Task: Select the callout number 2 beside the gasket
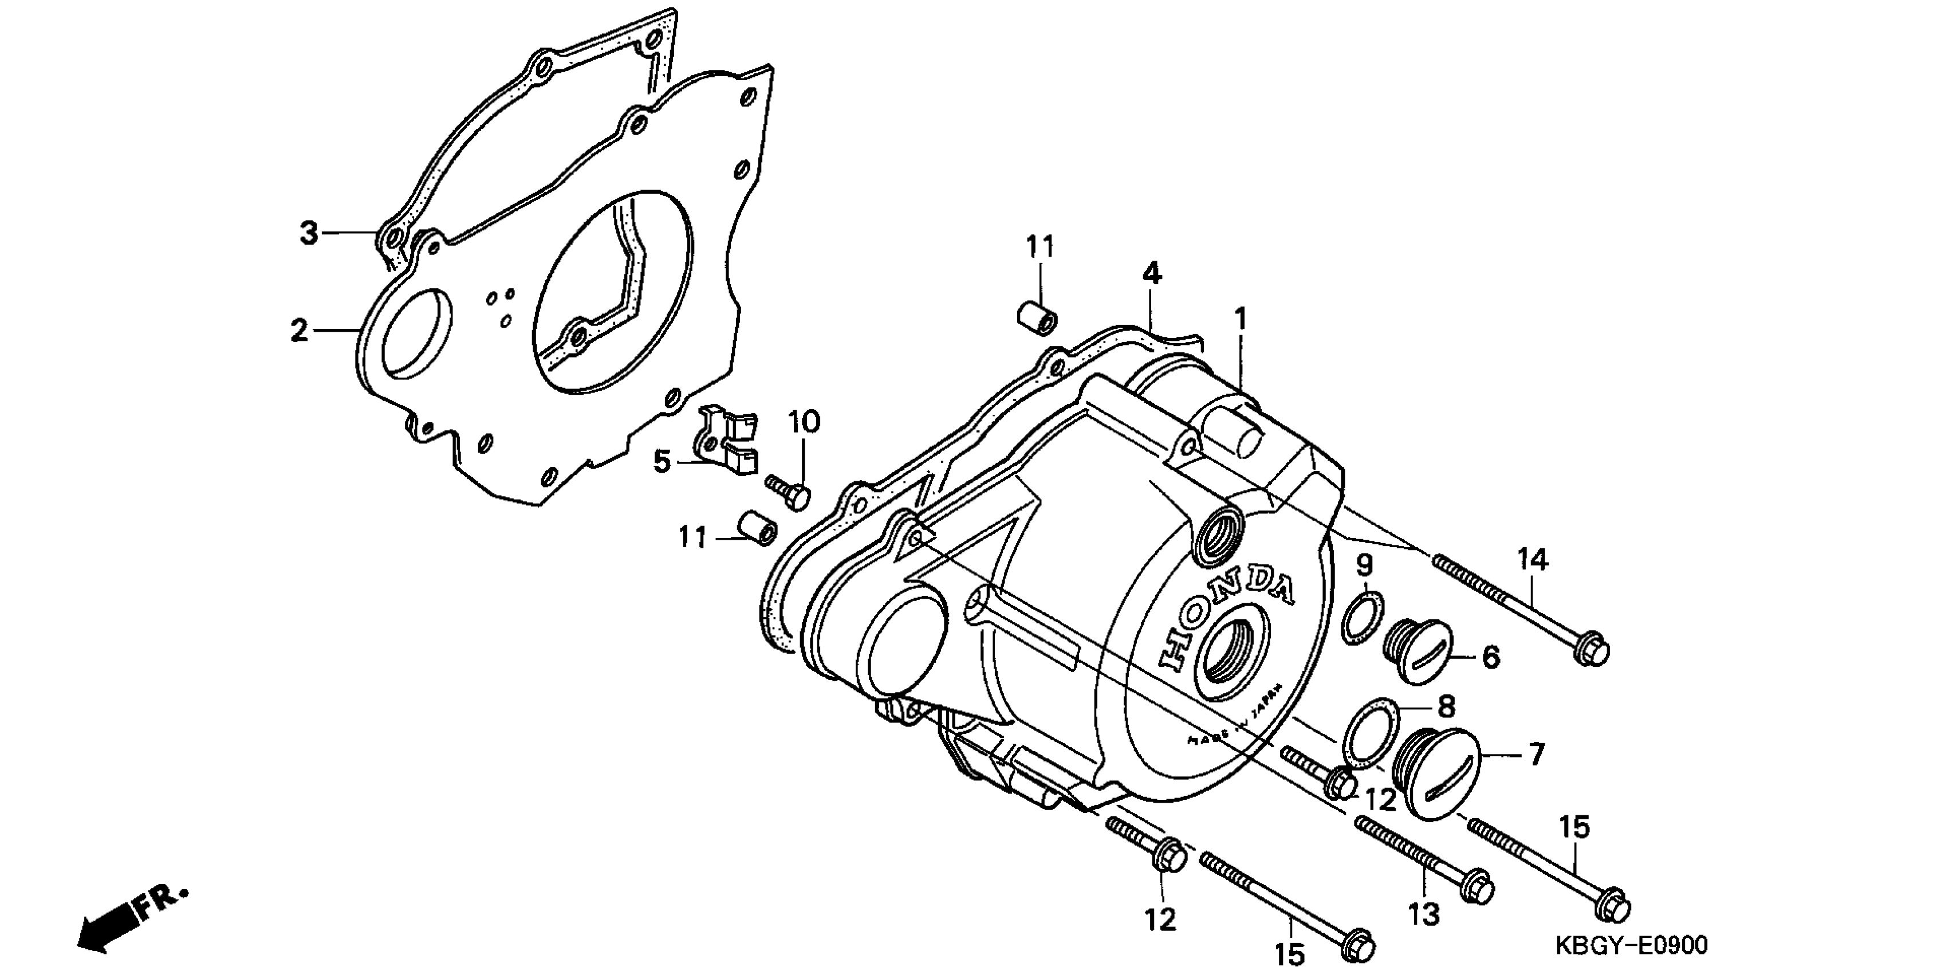pyautogui.click(x=300, y=331)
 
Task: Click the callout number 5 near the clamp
pyautogui.click(x=663, y=461)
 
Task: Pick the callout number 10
pyautogui.click(x=804, y=422)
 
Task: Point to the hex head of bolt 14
pyautogui.click(x=1590, y=651)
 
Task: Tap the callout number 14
pyautogui.click(x=1533, y=559)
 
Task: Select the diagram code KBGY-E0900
pyautogui.click(x=1631, y=945)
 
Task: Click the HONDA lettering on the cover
pyautogui.click(x=1224, y=614)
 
